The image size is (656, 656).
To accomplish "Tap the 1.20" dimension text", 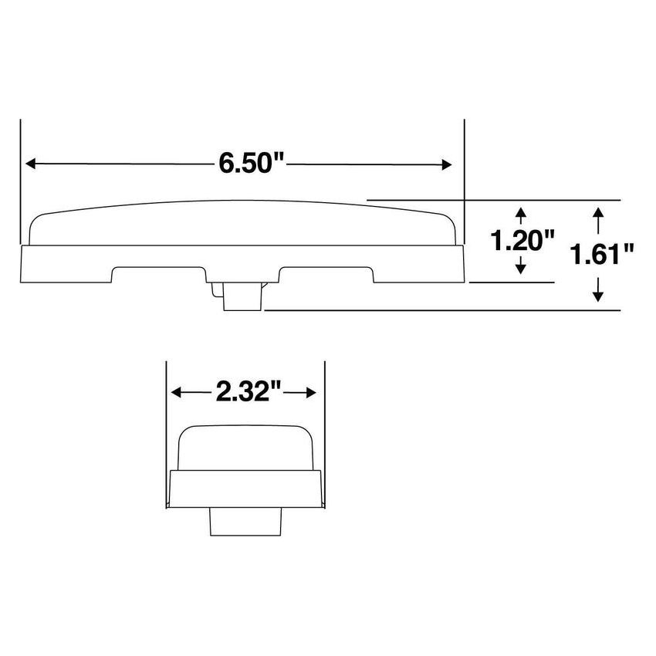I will (x=523, y=241).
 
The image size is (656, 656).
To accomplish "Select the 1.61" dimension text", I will (x=603, y=253).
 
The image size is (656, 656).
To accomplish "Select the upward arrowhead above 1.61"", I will (x=597, y=211).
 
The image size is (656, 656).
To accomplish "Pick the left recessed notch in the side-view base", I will (x=158, y=275).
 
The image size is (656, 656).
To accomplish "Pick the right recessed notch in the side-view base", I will (x=326, y=275).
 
